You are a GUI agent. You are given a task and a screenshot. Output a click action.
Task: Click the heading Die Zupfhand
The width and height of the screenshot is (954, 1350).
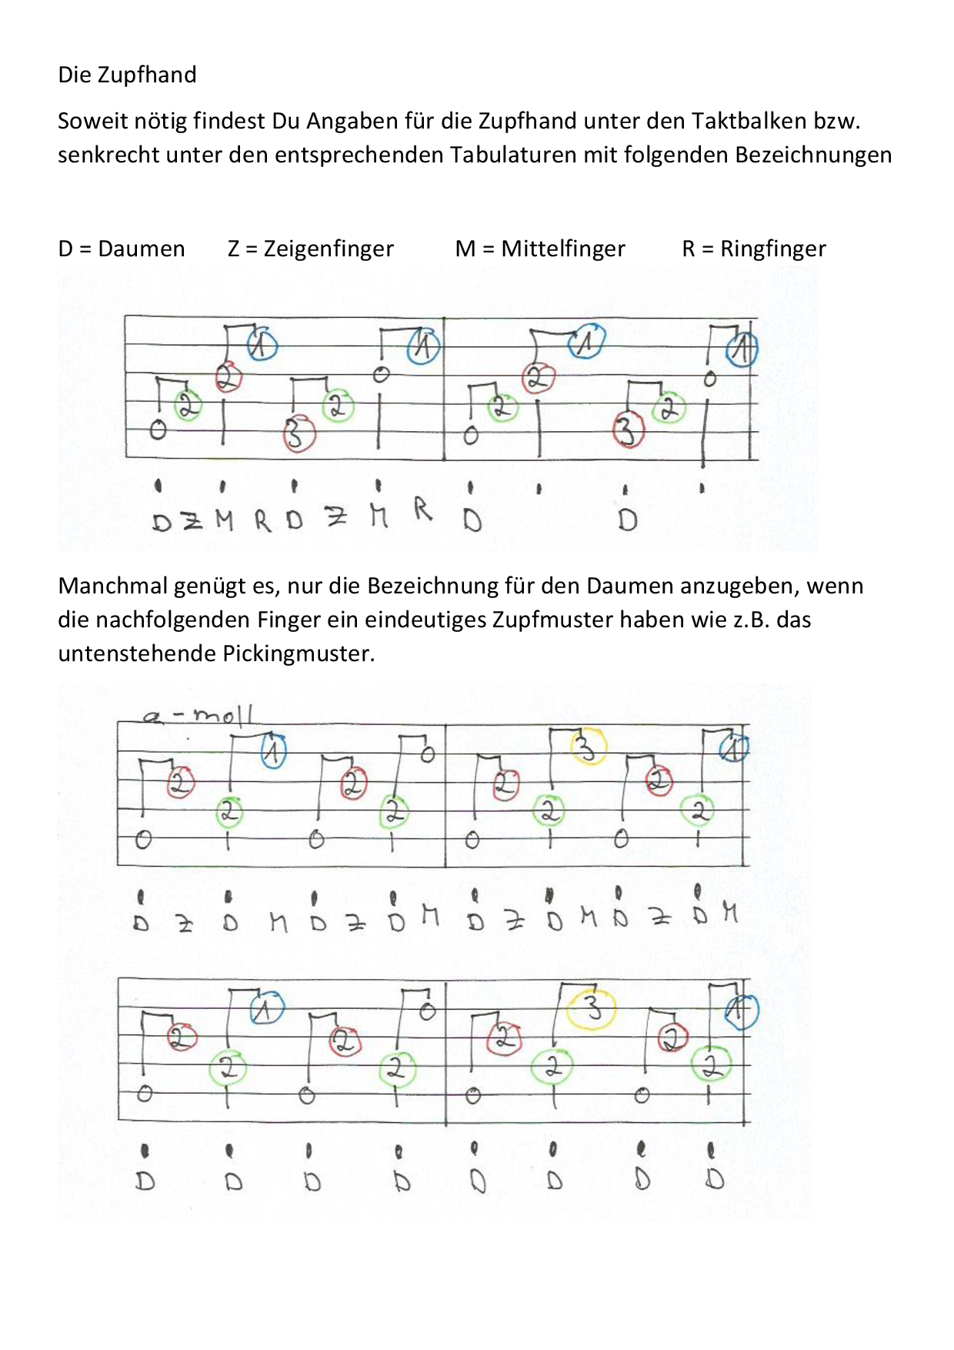[127, 75]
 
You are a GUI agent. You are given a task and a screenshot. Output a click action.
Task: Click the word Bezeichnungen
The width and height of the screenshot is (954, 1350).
[813, 155]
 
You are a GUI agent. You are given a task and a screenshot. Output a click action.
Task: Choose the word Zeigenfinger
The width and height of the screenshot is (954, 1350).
[329, 249]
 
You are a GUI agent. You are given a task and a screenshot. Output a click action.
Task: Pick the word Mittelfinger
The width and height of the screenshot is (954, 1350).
[563, 249]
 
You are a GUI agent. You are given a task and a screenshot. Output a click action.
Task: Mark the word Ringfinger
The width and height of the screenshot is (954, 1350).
[772, 249]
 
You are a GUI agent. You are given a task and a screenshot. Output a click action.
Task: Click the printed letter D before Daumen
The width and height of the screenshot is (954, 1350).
[65, 249]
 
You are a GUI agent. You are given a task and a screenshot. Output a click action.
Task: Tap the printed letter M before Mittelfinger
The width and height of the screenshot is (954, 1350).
[465, 249]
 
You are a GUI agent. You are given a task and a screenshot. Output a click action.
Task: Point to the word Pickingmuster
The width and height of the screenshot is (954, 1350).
[299, 653]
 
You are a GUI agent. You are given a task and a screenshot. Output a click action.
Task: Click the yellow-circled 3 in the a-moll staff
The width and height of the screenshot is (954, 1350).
[588, 746]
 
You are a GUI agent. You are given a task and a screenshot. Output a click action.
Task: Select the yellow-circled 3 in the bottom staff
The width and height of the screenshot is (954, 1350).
[591, 1007]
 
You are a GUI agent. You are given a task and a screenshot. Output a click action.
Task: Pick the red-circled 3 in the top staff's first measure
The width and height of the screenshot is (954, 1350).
[299, 433]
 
